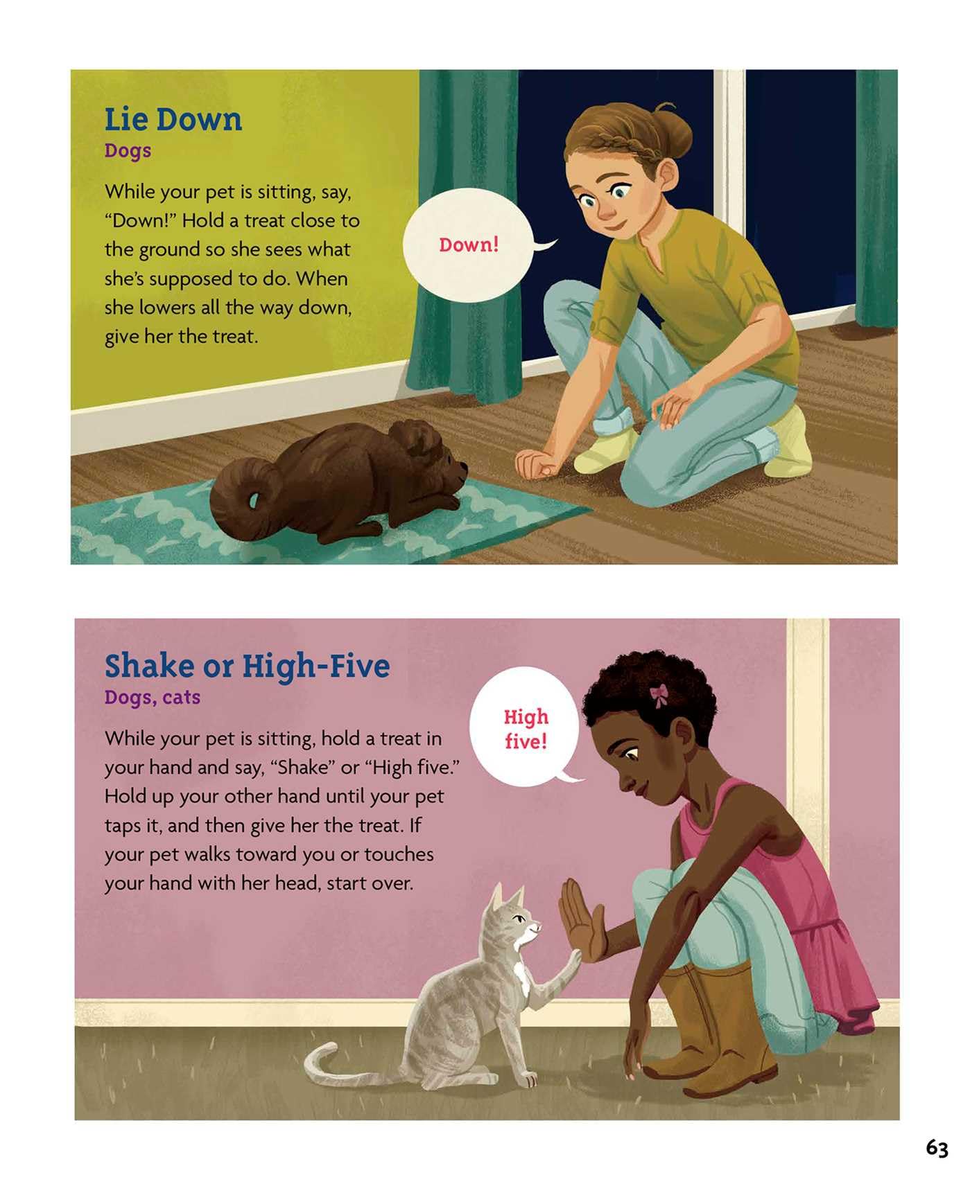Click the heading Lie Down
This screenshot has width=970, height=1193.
tap(173, 119)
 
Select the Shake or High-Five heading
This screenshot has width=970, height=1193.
tap(247, 666)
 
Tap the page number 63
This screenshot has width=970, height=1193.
tap(937, 1149)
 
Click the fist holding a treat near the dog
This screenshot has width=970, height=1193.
tap(535, 463)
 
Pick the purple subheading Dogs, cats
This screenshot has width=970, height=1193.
tap(153, 697)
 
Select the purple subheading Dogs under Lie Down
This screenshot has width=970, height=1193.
tap(128, 150)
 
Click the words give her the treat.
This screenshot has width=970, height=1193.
tap(181, 337)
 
